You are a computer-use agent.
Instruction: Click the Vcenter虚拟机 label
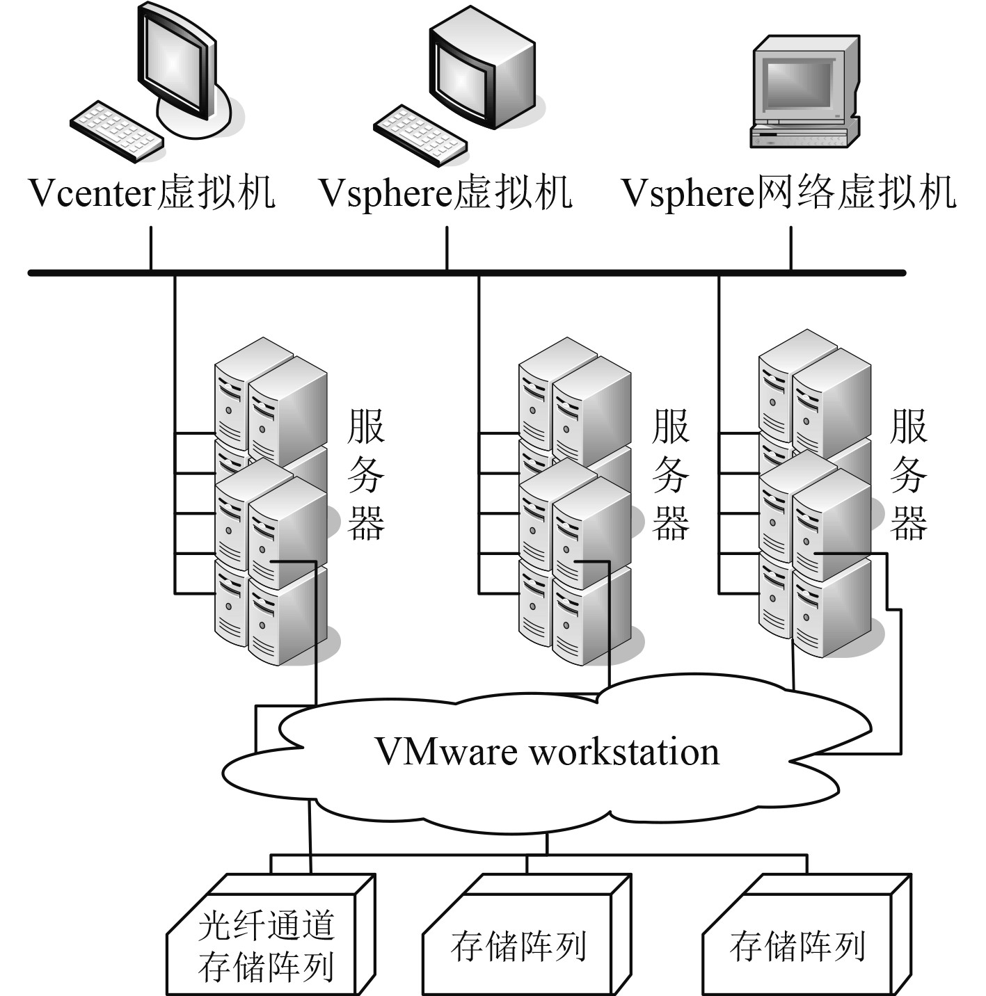(x=152, y=193)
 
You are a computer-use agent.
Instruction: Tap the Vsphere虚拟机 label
(x=445, y=193)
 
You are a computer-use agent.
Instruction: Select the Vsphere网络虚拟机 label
(x=788, y=193)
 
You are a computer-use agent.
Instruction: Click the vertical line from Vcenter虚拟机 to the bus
(x=151, y=247)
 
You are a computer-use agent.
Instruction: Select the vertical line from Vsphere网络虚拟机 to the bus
(x=790, y=247)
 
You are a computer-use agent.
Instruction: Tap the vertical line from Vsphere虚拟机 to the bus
(x=447, y=247)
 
